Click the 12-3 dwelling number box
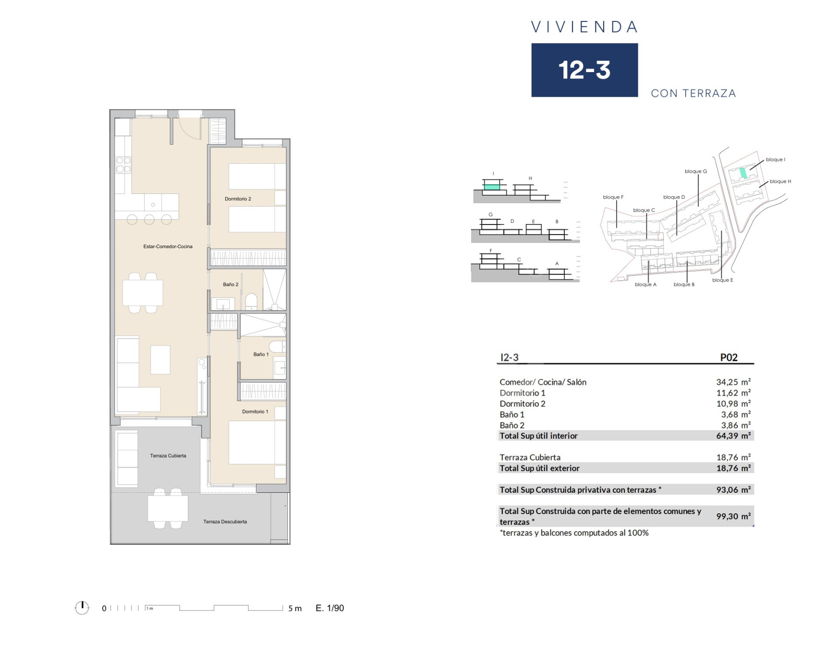pyautogui.click(x=584, y=70)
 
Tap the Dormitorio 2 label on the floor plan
pyautogui.click(x=238, y=199)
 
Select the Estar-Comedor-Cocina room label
pyautogui.click(x=168, y=246)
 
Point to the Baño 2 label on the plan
pyautogui.click(x=230, y=284)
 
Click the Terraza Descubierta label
pyautogui.click(x=225, y=521)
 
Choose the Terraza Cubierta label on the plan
pyautogui.click(x=168, y=455)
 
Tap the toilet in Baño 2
pyautogui.click(x=251, y=302)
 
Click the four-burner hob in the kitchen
pyautogui.click(x=123, y=165)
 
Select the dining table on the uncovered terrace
pyautogui.click(x=167, y=508)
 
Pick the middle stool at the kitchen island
pyautogui.click(x=149, y=220)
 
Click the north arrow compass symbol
pyautogui.click(x=82, y=608)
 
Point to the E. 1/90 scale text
pyautogui.click(x=329, y=608)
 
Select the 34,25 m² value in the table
pyautogui.click(x=733, y=382)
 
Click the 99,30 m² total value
pyautogui.click(x=733, y=516)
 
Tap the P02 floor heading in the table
pyautogui.click(x=729, y=357)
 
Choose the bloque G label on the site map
pyautogui.click(x=696, y=172)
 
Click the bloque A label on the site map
pyautogui.click(x=646, y=284)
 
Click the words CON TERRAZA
pyautogui.click(x=693, y=94)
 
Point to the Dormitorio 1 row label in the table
pyautogui.click(x=522, y=393)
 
